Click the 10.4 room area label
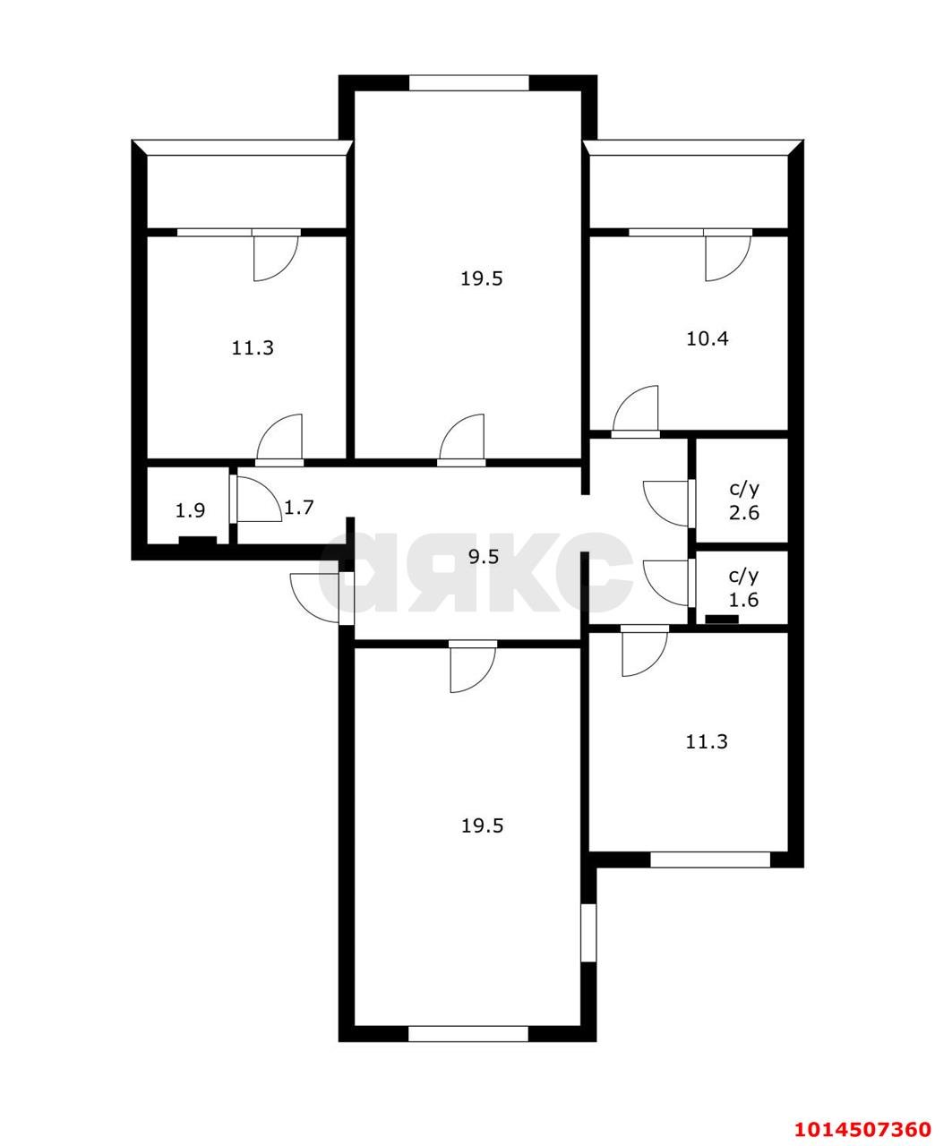point(708,338)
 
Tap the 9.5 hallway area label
point(483,557)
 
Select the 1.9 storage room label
point(190,511)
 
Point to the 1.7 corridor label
point(298,507)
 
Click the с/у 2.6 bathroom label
point(744,500)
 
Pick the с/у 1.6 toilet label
point(743,587)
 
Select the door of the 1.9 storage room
point(258,498)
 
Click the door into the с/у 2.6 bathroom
point(667,503)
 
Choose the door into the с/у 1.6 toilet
point(667,583)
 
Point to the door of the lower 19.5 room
point(473,666)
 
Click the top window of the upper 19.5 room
point(469,83)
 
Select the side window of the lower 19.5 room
point(588,933)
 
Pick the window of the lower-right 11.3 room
point(710,859)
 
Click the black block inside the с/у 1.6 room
point(722,619)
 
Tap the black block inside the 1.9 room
point(198,540)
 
